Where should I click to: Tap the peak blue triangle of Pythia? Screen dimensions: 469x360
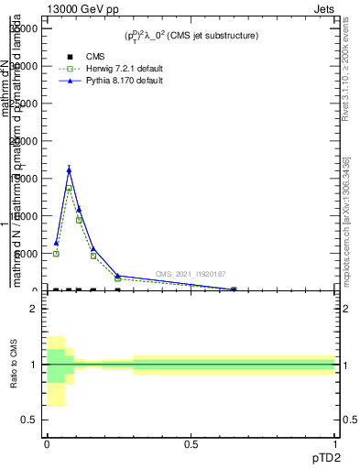coord(69,169)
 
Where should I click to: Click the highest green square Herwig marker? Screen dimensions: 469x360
coord(69,189)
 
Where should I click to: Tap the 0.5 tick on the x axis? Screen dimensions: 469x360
coord(191,444)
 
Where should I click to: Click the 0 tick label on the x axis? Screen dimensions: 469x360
coord(47,444)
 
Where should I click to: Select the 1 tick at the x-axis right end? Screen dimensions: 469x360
coord(335,444)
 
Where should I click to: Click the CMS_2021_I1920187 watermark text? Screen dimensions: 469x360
coord(191,274)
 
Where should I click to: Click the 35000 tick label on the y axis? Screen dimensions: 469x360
coord(22,28)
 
